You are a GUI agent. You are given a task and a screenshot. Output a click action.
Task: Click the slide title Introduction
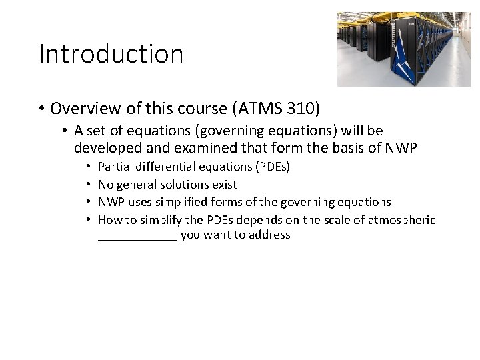tap(111, 54)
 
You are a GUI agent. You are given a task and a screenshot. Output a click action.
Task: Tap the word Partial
tap(115, 166)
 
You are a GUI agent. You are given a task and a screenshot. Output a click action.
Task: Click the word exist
tap(225, 184)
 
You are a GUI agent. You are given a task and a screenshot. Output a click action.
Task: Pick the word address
tap(270, 235)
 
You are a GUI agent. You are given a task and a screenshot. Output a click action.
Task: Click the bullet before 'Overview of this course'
tap(42, 108)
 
